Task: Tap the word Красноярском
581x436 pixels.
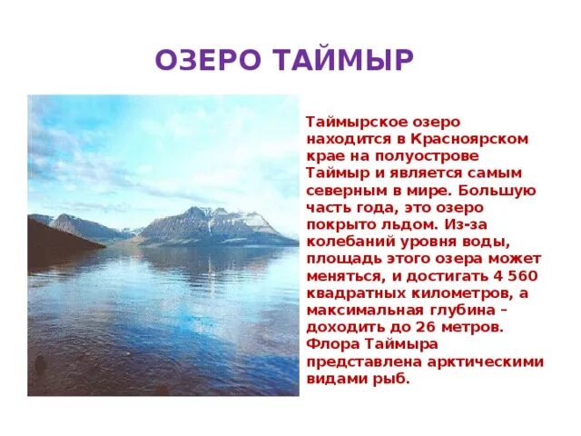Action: (478, 138)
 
